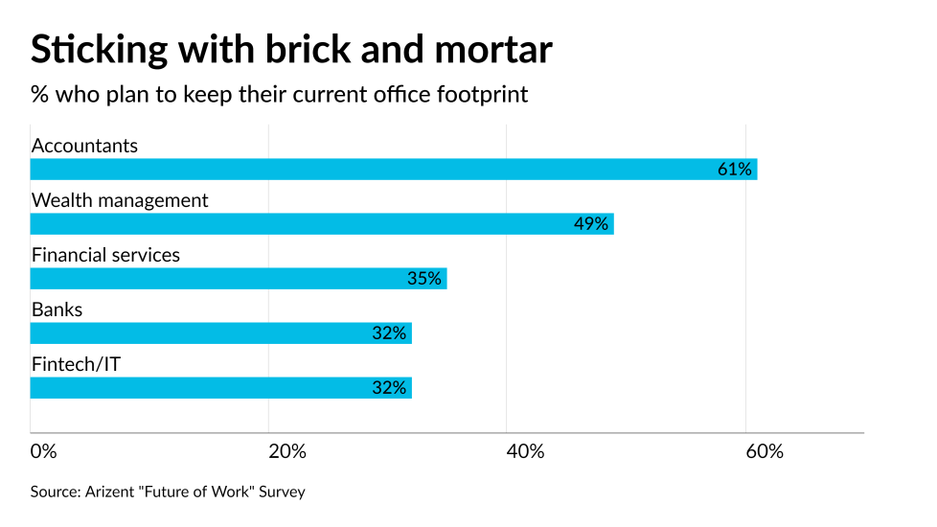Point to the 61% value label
[735, 170]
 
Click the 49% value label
[591, 224]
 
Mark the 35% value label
[424, 279]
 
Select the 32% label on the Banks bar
[390, 333]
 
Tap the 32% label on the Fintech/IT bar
[390, 388]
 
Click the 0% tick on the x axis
[43, 451]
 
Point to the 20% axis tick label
[286, 451]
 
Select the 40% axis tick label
[525, 451]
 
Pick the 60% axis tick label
[764, 451]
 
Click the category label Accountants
[84, 146]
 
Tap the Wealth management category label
[120, 200]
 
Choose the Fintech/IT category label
[76, 364]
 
